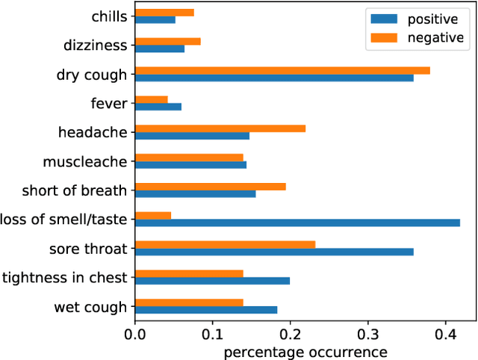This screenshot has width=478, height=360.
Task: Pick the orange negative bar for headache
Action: [220, 128]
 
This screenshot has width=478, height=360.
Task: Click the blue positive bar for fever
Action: [158, 107]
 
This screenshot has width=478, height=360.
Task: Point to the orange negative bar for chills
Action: [164, 13]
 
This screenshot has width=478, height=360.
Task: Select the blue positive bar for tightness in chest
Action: [212, 281]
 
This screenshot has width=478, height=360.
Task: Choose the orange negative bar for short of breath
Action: [210, 186]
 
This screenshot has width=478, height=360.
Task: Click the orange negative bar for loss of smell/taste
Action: [153, 215]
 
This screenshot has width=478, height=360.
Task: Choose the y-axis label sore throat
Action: [88, 249]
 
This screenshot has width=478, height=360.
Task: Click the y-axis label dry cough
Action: [91, 75]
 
